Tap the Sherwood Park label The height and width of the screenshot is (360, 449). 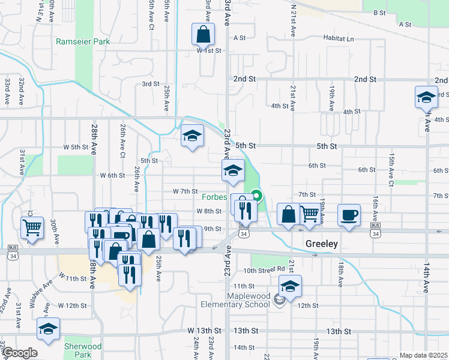tap(83, 350)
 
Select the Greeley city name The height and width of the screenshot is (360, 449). tap(322, 244)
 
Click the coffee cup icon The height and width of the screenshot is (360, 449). tap(349, 215)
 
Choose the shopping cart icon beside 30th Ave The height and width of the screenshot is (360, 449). tap(32, 227)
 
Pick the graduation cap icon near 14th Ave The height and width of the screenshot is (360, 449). tap(426, 98)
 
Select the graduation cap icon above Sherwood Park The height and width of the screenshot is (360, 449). tap(48, 329)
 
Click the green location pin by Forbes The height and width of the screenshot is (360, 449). tap(257, 196)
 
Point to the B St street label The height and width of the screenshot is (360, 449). tap(379, 13)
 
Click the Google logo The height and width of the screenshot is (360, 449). tap(20, 353)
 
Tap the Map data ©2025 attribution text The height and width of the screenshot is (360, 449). tap(423, 355)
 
